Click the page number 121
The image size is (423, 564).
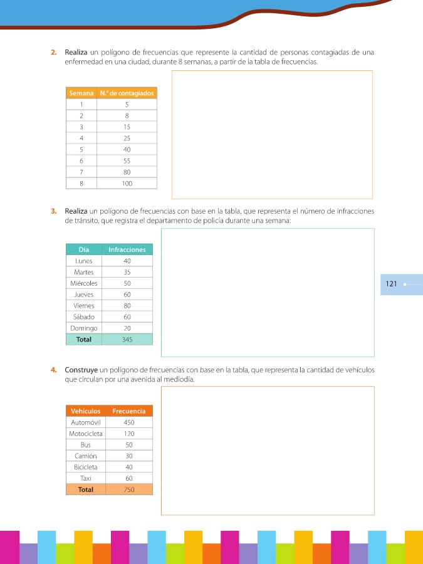click(392, 284)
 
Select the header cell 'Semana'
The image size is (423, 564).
click(81, 93)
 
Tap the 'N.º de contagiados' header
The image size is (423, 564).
click(127, 93)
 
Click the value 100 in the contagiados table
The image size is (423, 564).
click(127, 184)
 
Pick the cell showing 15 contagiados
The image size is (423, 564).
click(127, 127)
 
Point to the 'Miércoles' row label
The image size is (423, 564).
click(83, 283)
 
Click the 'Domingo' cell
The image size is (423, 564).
click(83, 328)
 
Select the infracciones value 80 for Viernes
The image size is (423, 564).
click(127, 306)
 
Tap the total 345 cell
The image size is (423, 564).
click(127, 340)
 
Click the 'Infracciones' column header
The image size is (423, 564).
click(127, 249)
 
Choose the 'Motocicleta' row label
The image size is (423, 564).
click(86, 434)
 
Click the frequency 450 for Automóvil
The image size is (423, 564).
click(129, 422)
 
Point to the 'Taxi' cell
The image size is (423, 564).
click(86, 478)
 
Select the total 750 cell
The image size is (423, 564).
click(129, 489)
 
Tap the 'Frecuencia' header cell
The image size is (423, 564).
click(129, 411)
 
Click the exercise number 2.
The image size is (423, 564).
click(54, 52)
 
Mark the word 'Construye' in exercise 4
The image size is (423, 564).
click(80, 370)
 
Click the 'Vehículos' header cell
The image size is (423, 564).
click(86, 411)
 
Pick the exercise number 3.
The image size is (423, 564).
click(54, 212)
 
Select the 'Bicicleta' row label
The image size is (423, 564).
click(86, 467)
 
